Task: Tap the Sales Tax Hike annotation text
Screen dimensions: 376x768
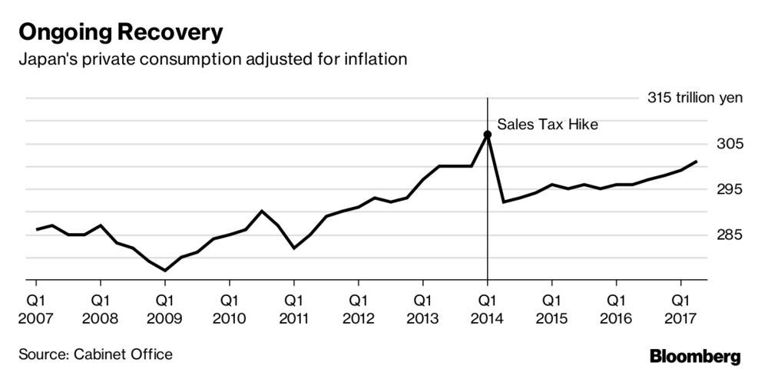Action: click(x=547, y=123)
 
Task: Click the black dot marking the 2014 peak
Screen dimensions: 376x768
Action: click(x=488, y=135)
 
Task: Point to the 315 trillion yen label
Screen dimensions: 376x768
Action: click(x=696, y=98)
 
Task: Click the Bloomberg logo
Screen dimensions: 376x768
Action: click(x=695, y=356)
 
